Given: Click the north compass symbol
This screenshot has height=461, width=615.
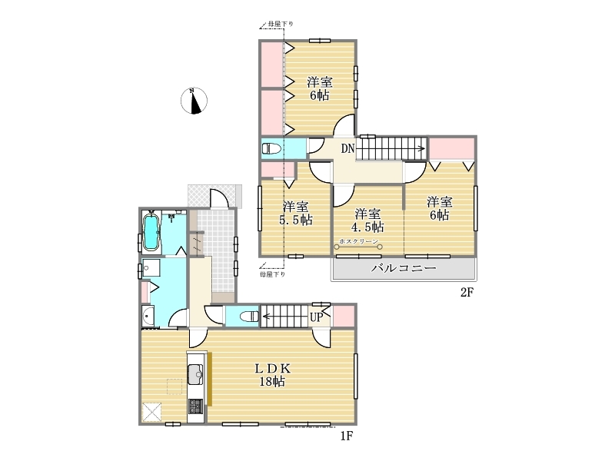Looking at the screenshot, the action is coord(194,101).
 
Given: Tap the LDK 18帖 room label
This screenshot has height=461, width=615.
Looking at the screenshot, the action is coord(273,375).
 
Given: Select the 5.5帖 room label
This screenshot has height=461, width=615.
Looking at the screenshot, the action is coord(296,213).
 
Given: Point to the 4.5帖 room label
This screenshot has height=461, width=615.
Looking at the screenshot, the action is coord(367,221).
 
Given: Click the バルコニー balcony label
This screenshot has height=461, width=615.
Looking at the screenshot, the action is coord(404,268).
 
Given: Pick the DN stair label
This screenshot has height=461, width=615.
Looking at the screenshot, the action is coord(347,148).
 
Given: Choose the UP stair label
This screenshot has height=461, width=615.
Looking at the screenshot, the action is coord(316,317).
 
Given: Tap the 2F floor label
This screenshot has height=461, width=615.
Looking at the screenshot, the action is coord(467,292).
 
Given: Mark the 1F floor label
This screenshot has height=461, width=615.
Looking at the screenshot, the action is coord(347,436).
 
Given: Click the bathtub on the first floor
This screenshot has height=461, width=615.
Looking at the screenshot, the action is coord(151,233).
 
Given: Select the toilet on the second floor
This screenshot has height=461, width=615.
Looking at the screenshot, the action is coord(271,149).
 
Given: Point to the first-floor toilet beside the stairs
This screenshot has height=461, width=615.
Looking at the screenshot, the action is coord(249,317).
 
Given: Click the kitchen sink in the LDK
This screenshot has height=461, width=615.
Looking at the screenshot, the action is coord(195,375).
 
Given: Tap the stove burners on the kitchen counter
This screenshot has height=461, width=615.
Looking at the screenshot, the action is coord(195,406).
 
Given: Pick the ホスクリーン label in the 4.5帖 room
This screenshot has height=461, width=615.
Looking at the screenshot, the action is coord(359,241).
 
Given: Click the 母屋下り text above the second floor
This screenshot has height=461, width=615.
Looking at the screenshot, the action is coord(281,25).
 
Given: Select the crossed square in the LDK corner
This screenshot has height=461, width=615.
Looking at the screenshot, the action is coord(151,413).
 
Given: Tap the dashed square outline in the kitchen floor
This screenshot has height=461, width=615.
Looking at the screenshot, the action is coord(175,386).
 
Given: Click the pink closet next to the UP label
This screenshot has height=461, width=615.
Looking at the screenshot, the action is coord(344,316).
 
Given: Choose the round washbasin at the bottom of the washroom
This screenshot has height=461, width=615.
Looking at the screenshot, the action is coord(148,317).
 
